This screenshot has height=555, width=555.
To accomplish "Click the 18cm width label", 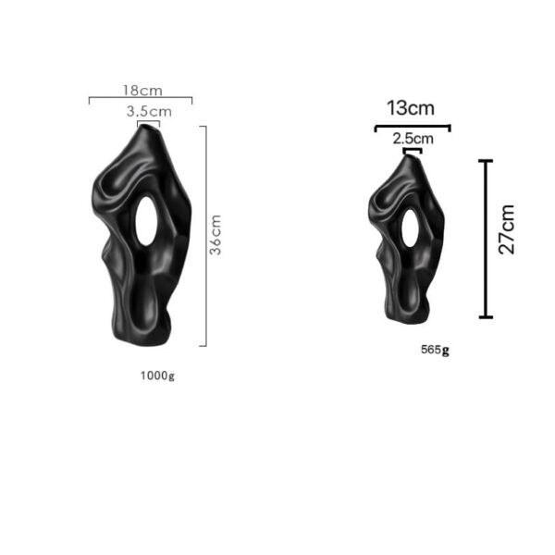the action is pos(142,91).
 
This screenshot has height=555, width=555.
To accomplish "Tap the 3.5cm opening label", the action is pos(149,112).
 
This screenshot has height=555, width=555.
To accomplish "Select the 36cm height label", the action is pos(216,235).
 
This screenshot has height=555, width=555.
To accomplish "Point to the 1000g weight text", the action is pos(157,376).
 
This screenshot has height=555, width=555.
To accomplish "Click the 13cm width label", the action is pos(411,107).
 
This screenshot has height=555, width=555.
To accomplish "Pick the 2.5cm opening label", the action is pos(413,139).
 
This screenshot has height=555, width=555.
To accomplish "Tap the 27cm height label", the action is pos(507,229).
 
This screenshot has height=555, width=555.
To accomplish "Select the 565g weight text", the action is pos(435,350).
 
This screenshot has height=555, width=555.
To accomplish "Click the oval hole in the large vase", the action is pos(146,221).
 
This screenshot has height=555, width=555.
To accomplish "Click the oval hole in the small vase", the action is pos(410,228).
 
